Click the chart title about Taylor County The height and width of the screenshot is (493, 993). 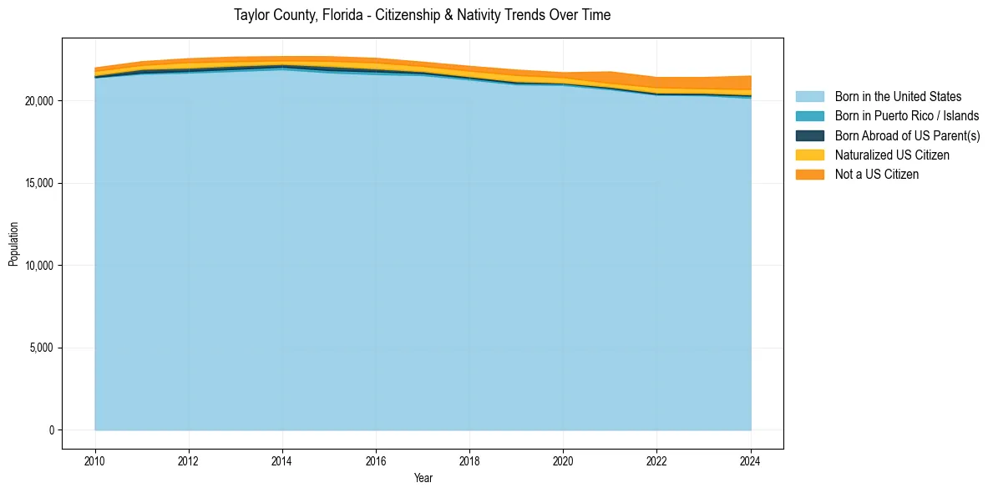coord(423,15)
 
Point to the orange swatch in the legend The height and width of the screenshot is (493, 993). coord(809,175)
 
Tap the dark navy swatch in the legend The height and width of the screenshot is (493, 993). coord(809,135)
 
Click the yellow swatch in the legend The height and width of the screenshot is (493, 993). coord(809,155)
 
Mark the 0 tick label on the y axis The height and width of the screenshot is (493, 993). coord(51,430)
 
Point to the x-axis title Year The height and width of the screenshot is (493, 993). coord(423,479)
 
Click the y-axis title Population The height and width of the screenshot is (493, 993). coord(13,244)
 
